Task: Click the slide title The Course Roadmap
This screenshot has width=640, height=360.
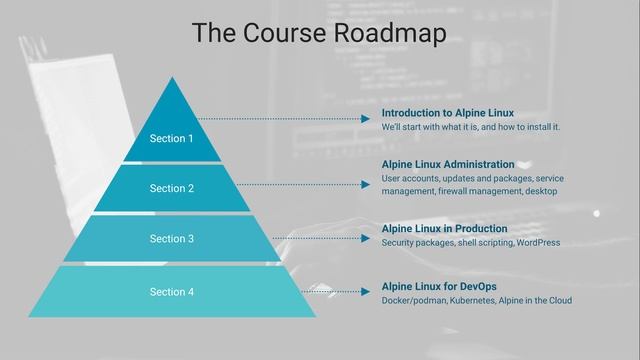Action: point(319,33)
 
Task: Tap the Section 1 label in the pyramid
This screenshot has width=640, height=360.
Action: point(171,138)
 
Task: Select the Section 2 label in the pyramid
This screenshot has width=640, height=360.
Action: point(171,188)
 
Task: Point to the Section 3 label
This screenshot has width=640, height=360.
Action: point(171,239)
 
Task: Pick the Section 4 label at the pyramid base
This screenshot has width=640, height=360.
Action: point(171,292)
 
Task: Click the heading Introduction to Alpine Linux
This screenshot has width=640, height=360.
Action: point(447,113)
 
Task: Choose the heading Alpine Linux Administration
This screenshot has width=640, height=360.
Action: point(448,164)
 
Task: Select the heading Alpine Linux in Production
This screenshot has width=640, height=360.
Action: point(445,229)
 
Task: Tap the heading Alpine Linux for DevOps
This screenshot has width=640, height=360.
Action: point(439,287)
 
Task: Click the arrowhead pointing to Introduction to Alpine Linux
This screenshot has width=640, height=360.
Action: point(366,119)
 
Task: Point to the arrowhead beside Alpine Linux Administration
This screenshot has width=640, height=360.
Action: point(366,184)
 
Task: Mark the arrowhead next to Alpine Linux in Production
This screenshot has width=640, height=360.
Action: point(366,239)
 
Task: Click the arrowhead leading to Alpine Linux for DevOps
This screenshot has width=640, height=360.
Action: point(366,292)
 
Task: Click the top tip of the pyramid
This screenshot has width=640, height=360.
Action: point(171,80)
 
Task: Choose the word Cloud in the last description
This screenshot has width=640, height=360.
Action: point(559,301)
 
